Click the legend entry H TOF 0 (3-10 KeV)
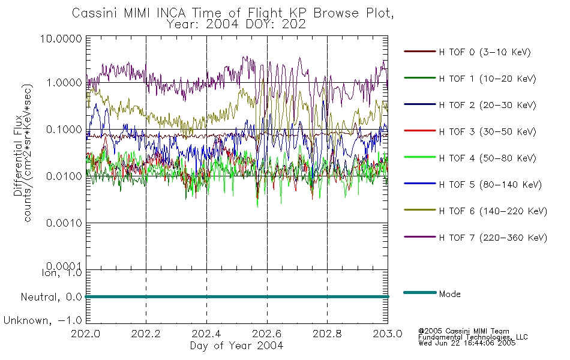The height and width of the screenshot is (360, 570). coord(485,52)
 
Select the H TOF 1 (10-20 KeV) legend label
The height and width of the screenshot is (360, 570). coord(487,79)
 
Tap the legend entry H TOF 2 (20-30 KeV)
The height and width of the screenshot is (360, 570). coord(487,105)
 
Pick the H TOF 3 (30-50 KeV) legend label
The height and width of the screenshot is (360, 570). coord(487,131)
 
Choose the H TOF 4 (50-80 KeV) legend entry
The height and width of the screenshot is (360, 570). coord(487,158)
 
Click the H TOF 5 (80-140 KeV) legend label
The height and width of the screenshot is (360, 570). coord(490,185)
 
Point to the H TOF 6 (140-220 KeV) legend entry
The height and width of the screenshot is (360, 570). coord(493,211)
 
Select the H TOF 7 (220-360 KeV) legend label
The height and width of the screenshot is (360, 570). coord(493,238)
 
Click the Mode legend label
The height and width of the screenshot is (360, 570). coord(449,294)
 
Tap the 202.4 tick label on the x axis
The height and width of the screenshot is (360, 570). coord(206,334)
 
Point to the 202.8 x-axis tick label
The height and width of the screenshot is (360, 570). coord(327,334)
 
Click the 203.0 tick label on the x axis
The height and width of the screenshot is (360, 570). coord(388,334)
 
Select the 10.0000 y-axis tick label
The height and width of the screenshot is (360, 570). coord(61,38)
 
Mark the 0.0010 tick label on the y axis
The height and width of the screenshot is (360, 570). coord(64,223)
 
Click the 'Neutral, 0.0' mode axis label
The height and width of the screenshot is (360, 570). coord(52,297)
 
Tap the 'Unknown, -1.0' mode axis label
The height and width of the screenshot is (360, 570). coord(43,320)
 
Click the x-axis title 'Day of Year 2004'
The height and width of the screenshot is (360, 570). coord(236,346)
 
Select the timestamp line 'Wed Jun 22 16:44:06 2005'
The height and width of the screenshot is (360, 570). coord(467,343)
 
